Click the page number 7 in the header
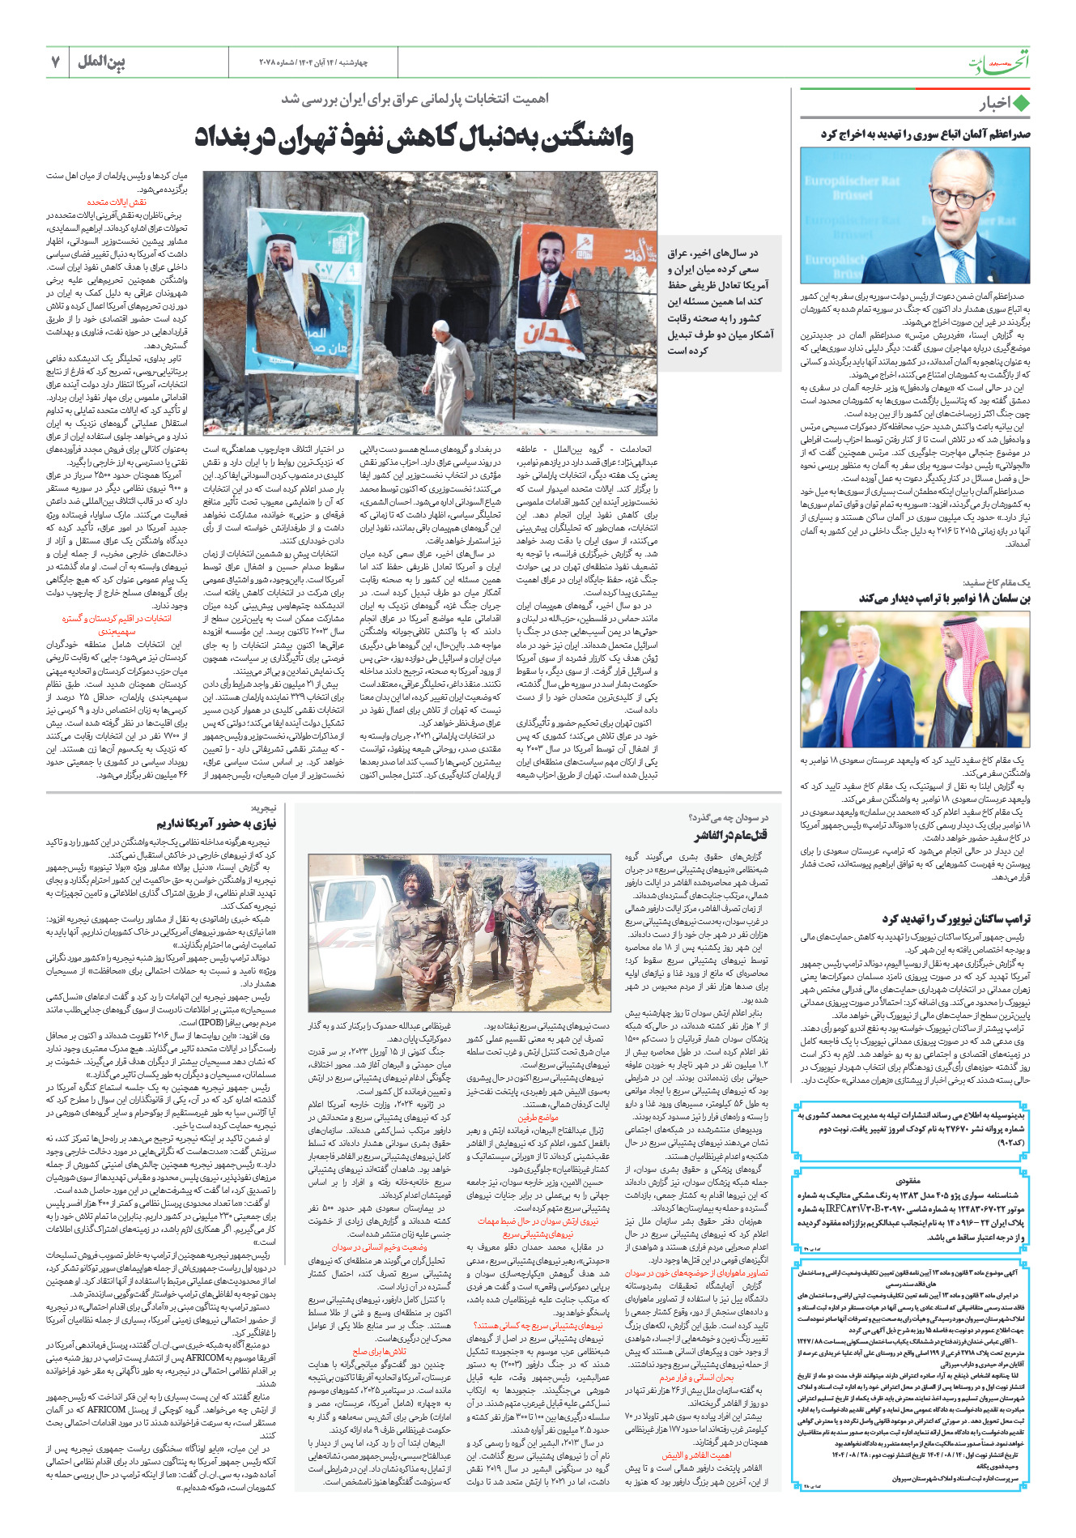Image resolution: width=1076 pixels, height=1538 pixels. pos(55,62)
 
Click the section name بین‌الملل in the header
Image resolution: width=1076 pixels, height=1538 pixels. pos(101,62)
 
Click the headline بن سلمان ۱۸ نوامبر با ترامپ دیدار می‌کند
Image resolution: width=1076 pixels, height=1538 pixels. pos(944,598)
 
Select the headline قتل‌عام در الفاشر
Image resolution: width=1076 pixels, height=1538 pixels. pos(730,835)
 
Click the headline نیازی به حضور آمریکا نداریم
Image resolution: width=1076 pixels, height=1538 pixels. pos(216,824)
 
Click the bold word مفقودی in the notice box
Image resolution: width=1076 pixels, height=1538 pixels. pos(908,1182)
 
